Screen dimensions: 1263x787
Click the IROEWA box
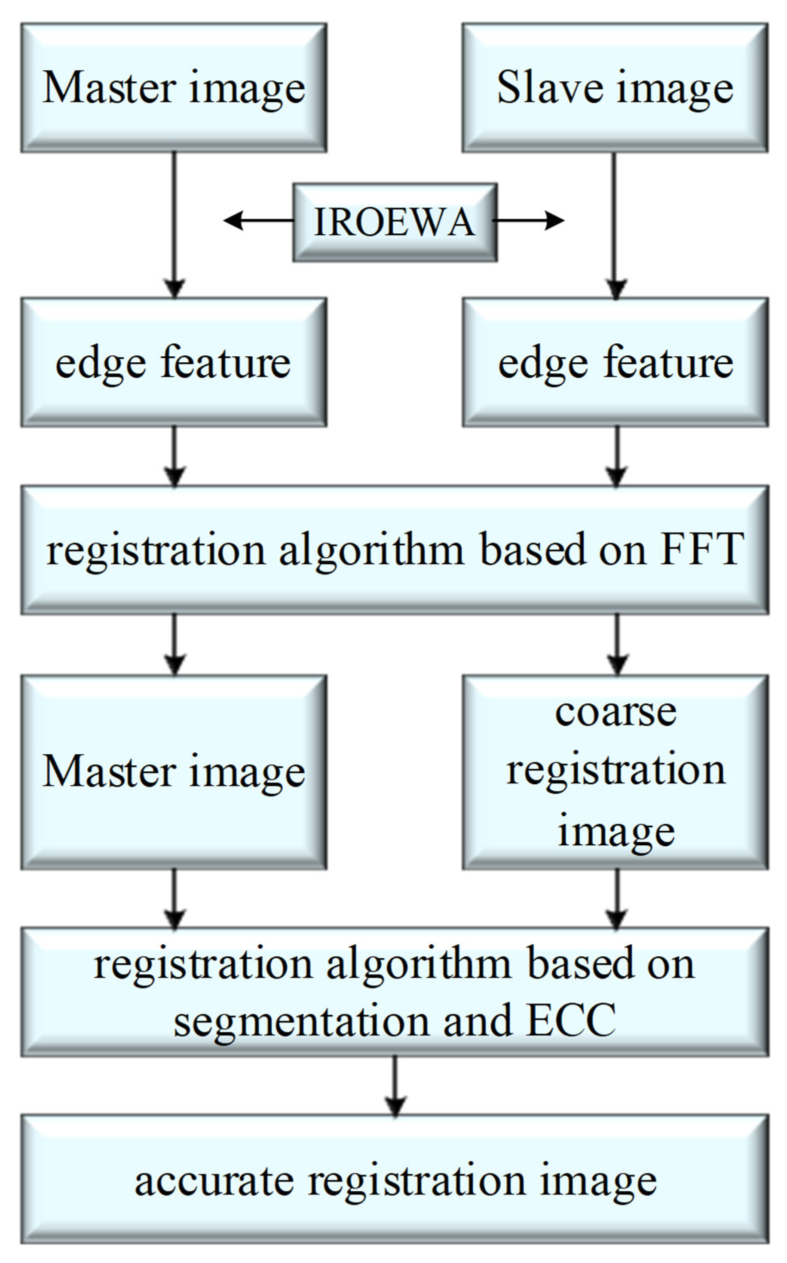click(x=395, y=222)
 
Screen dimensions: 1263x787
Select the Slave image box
click(x=615, y=87)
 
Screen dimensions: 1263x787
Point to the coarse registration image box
click(x=615, y=773)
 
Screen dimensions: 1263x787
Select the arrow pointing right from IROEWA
click(x=528, y=220)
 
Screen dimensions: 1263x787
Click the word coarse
click(x=616, y=713)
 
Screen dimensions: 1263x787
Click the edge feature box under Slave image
click(x=615, y=362)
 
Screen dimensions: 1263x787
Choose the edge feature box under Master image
click(x=174, y=362)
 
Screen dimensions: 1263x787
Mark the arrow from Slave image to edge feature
click(x=615, y=224)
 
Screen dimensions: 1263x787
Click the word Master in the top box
click(x=109, y=87)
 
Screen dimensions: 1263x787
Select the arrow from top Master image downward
click(x=174, y=224)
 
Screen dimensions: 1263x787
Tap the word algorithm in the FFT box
click(x=371, y=550)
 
